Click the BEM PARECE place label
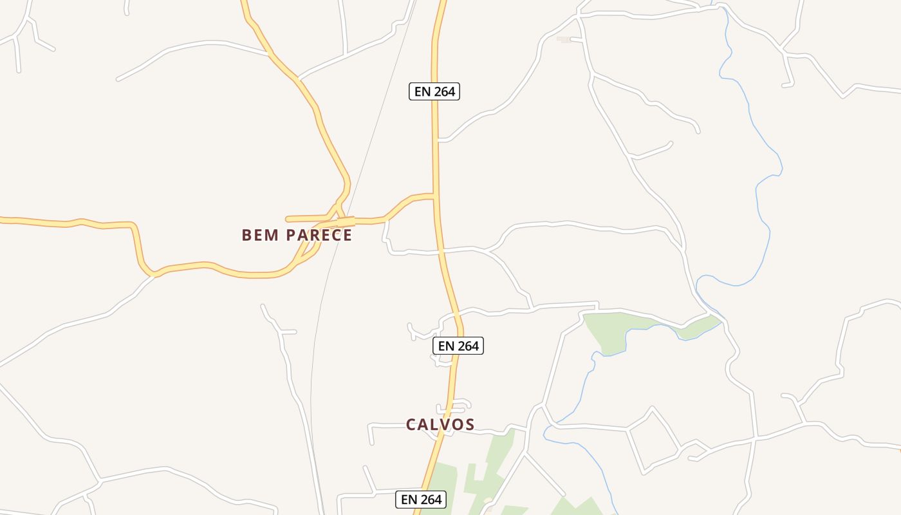click(297, 235)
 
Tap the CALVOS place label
click(440, 425)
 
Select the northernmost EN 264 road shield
click(434, 91)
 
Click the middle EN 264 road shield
click(458, 346)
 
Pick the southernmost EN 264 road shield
click(421, 499)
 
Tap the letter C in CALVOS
click(411, 425)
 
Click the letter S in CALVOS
click(470, 425)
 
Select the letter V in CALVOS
click(446, 425)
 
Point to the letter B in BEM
click(246, 235)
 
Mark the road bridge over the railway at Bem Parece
click(346, 222)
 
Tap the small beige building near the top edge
click(564, 40)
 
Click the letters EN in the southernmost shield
click(409, 499)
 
